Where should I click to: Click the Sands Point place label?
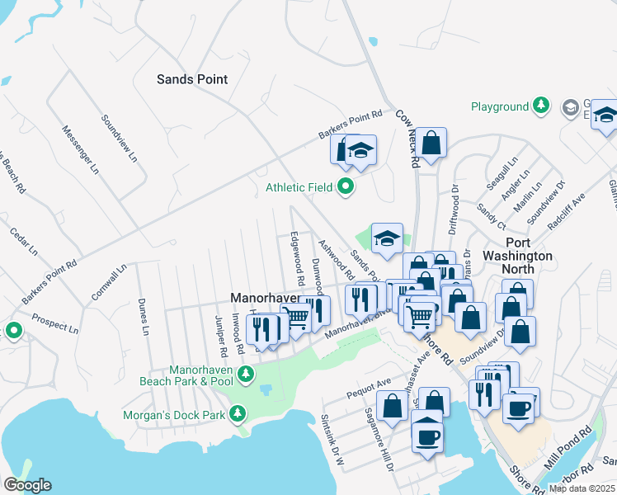[x=192, y=79]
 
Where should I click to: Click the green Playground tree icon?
[x=540, y=106]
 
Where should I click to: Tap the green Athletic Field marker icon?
[x=346, y=188]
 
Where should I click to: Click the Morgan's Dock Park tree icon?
[x=238, y=412]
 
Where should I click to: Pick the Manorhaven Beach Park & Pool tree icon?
[x=245, y=375]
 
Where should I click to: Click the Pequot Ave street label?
[x=368, y=384]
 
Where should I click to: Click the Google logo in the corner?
[x=27, y=485]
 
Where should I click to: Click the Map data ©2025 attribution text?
[x=581, y=488]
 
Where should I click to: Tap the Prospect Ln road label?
[x=54, y=323]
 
